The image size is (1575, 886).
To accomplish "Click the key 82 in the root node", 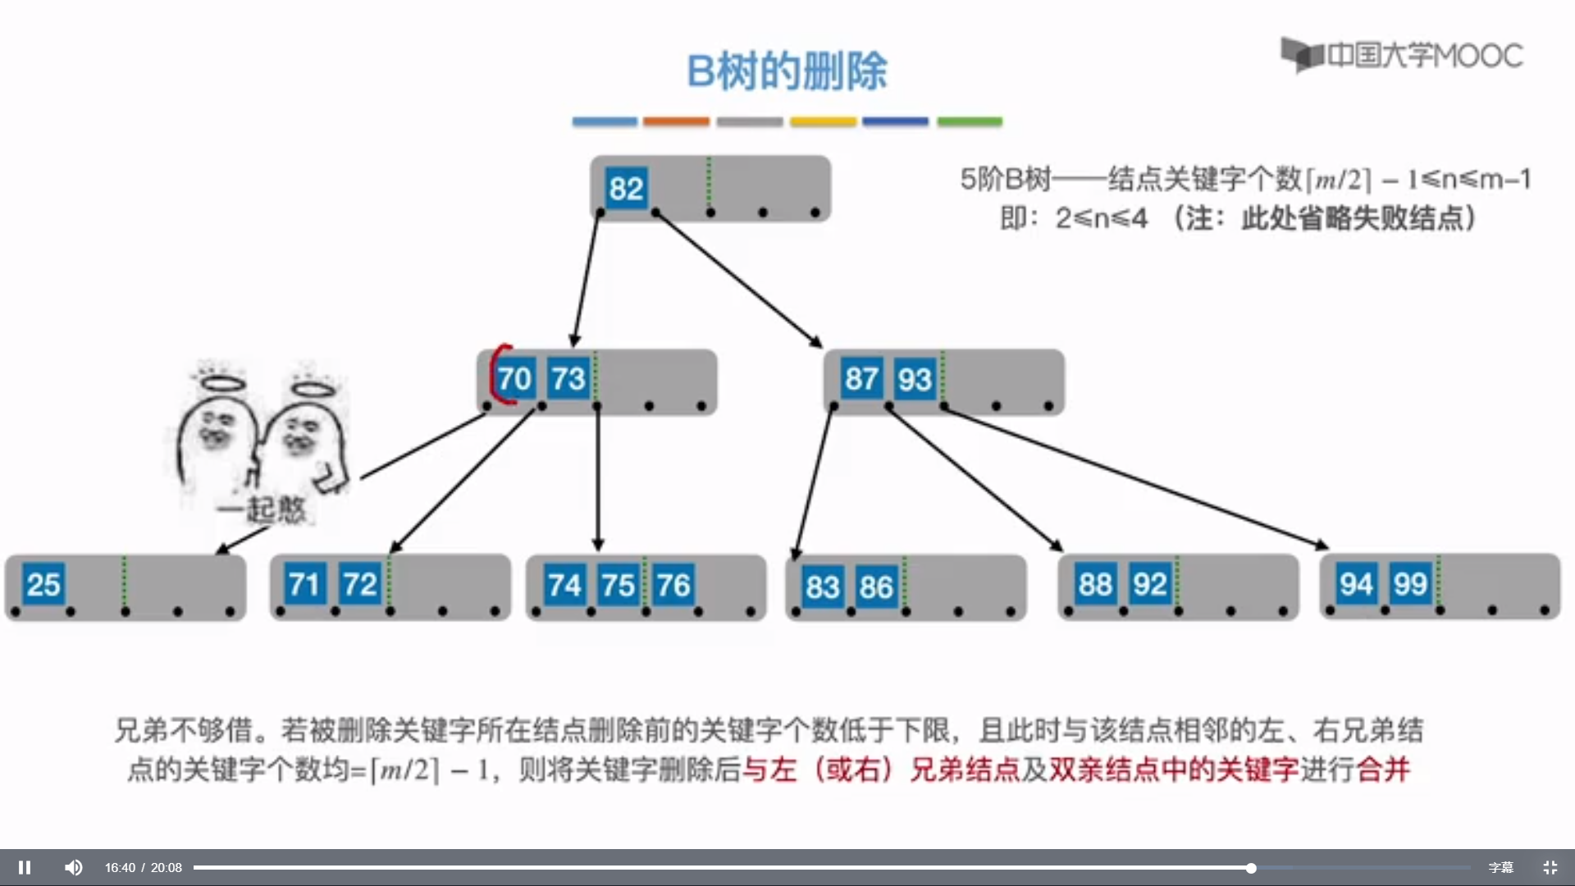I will coord(626,189).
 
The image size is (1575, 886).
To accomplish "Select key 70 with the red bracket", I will coord(514,379).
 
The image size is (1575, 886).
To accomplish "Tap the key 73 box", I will coord(568,379).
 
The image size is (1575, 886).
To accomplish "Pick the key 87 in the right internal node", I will coord(861,379).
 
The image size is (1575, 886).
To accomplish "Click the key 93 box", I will coord(915,379).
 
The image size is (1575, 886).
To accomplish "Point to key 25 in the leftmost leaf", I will coord(43,585).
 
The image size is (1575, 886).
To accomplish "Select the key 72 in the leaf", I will coord(359,585).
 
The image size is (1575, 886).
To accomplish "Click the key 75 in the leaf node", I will coord(618,586).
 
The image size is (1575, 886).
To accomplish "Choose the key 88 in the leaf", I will coord(1095,585).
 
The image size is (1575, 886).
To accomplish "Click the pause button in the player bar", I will coord(25,867).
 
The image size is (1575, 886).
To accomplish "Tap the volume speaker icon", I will coord(74,867).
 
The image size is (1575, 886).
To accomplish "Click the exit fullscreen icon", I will coord(1550,867).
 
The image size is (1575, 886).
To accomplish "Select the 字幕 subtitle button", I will coord(1500,867).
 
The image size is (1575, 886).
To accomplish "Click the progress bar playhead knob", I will coord(1251,868).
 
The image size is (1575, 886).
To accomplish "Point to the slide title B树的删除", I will coord(787,71).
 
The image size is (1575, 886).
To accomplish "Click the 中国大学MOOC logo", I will coord(1402,55).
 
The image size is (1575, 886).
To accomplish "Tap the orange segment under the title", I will coord(676,121).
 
